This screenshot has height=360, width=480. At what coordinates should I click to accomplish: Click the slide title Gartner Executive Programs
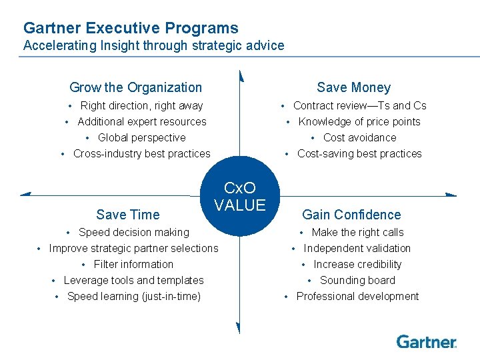point(131,28)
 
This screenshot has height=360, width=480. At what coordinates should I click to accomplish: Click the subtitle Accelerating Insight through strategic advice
point(153,46)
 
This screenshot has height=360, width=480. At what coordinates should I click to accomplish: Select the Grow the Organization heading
point(135,87)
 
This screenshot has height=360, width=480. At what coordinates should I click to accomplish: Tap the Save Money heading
point(353,87)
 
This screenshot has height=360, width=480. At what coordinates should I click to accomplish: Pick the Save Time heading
point(128,215)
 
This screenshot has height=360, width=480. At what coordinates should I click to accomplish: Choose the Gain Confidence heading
point(351,215)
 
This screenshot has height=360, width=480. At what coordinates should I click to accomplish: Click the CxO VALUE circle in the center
point(239,197)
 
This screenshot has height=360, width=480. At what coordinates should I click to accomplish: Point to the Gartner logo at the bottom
point(427,342)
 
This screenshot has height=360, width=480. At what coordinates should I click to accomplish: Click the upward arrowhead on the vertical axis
point(240,75)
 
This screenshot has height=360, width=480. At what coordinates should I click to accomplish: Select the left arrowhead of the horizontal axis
point(26,194)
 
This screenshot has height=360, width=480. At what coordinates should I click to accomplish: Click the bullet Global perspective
point(141,138)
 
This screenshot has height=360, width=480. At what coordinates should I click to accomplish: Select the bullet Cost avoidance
point(359,138)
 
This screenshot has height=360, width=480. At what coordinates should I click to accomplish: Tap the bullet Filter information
point(133,265)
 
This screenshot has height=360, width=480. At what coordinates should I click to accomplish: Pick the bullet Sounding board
point(357,281)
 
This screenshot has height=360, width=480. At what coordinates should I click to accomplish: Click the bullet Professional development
point(357,297)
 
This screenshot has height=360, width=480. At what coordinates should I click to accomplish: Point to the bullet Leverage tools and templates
point(133,281)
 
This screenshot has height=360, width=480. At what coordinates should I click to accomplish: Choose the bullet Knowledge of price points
point(359,122)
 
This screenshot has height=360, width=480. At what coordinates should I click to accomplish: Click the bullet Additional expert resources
point(142,122)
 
